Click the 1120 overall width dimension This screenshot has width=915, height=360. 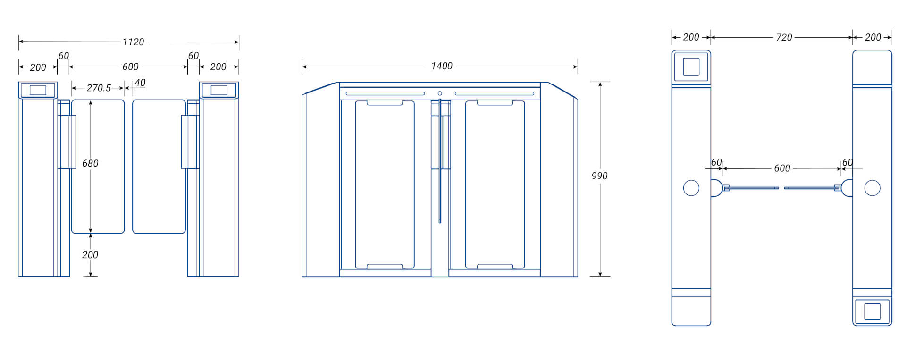133,42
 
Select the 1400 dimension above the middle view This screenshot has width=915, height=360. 441,66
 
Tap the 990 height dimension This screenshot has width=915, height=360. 599,176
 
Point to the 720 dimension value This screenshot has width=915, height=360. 783,37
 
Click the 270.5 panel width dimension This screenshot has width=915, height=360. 99,88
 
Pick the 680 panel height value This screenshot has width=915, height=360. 90,163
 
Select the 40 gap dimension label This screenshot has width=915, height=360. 140,83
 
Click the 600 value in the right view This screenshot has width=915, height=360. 781,168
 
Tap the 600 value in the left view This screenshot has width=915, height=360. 130,67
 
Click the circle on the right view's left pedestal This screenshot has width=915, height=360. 691,188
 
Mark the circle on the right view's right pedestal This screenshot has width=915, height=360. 872,188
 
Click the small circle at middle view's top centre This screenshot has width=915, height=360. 440,93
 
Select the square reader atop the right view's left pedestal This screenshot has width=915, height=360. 691,67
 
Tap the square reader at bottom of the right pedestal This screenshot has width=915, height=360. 872,311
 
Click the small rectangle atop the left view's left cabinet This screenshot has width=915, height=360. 38,90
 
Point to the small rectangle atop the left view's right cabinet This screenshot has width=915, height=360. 218,90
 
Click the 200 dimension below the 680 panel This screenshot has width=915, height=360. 90,255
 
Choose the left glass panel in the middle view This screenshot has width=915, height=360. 385,184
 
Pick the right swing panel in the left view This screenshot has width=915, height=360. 159,166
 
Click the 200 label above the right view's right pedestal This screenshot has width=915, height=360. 873,37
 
